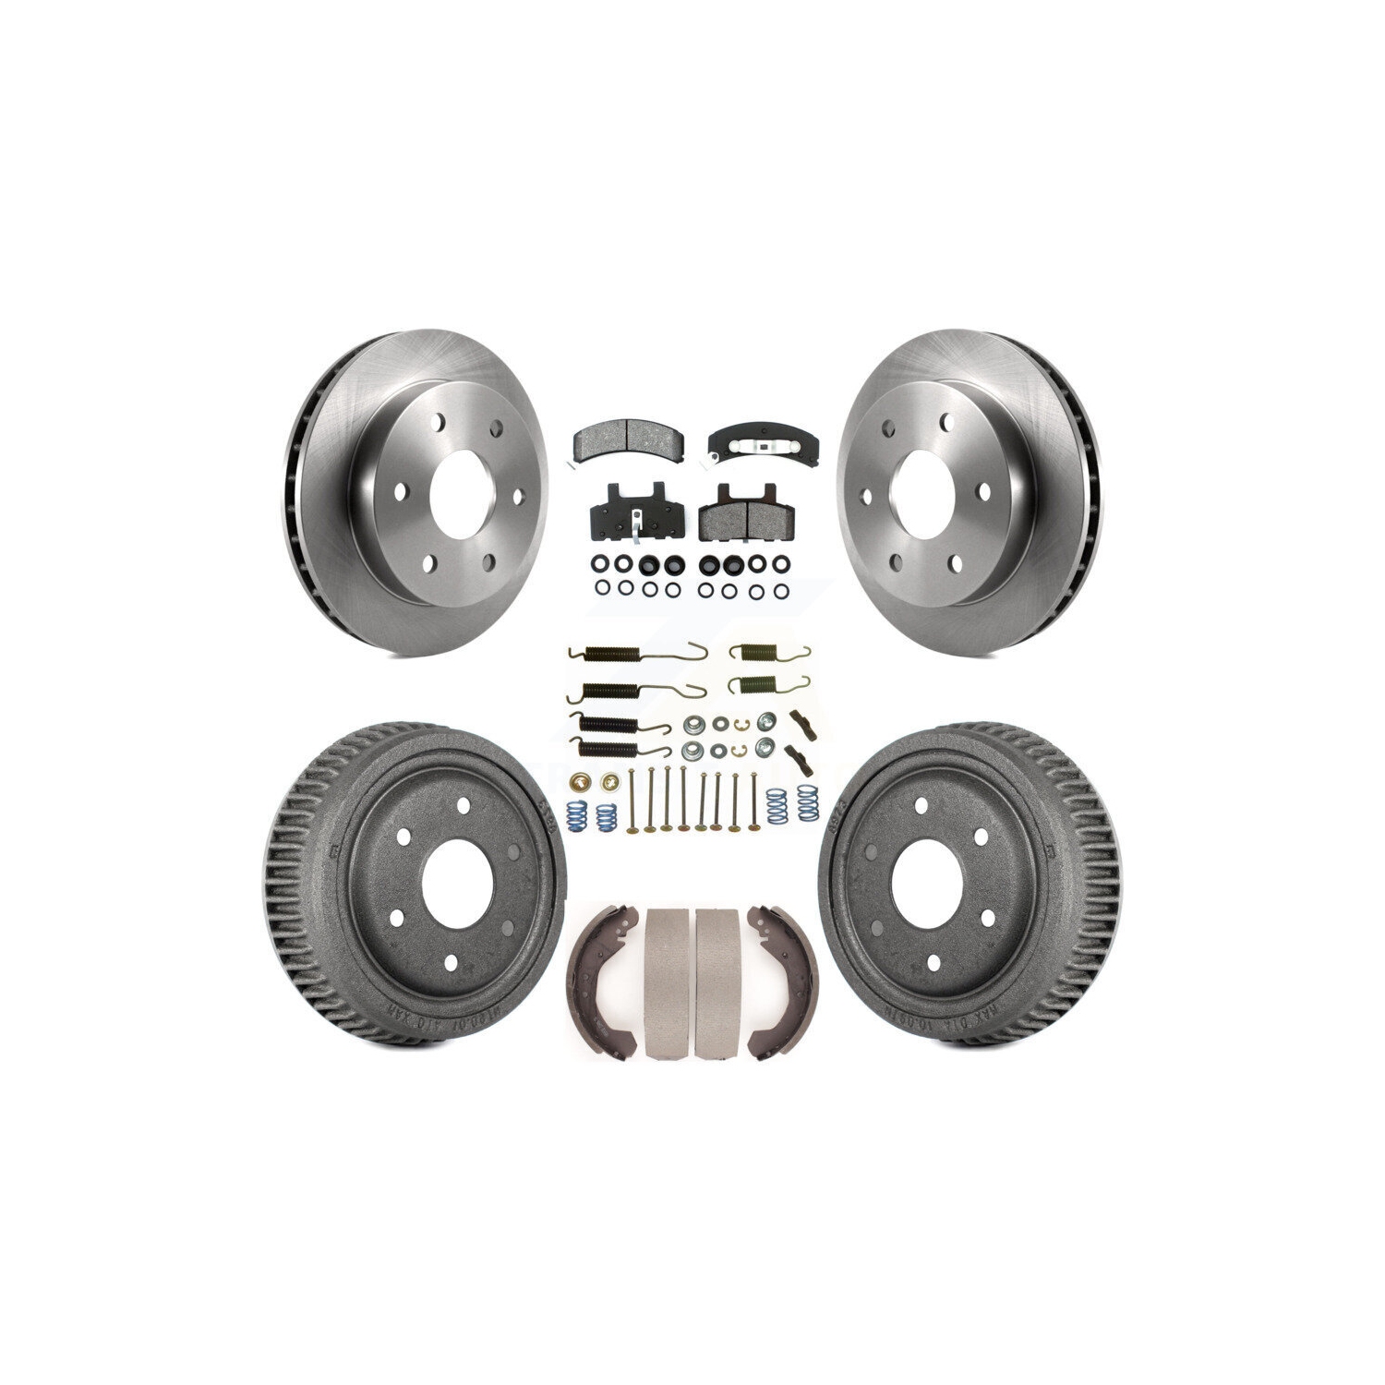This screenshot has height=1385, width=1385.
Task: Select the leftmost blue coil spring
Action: point(573,808)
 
